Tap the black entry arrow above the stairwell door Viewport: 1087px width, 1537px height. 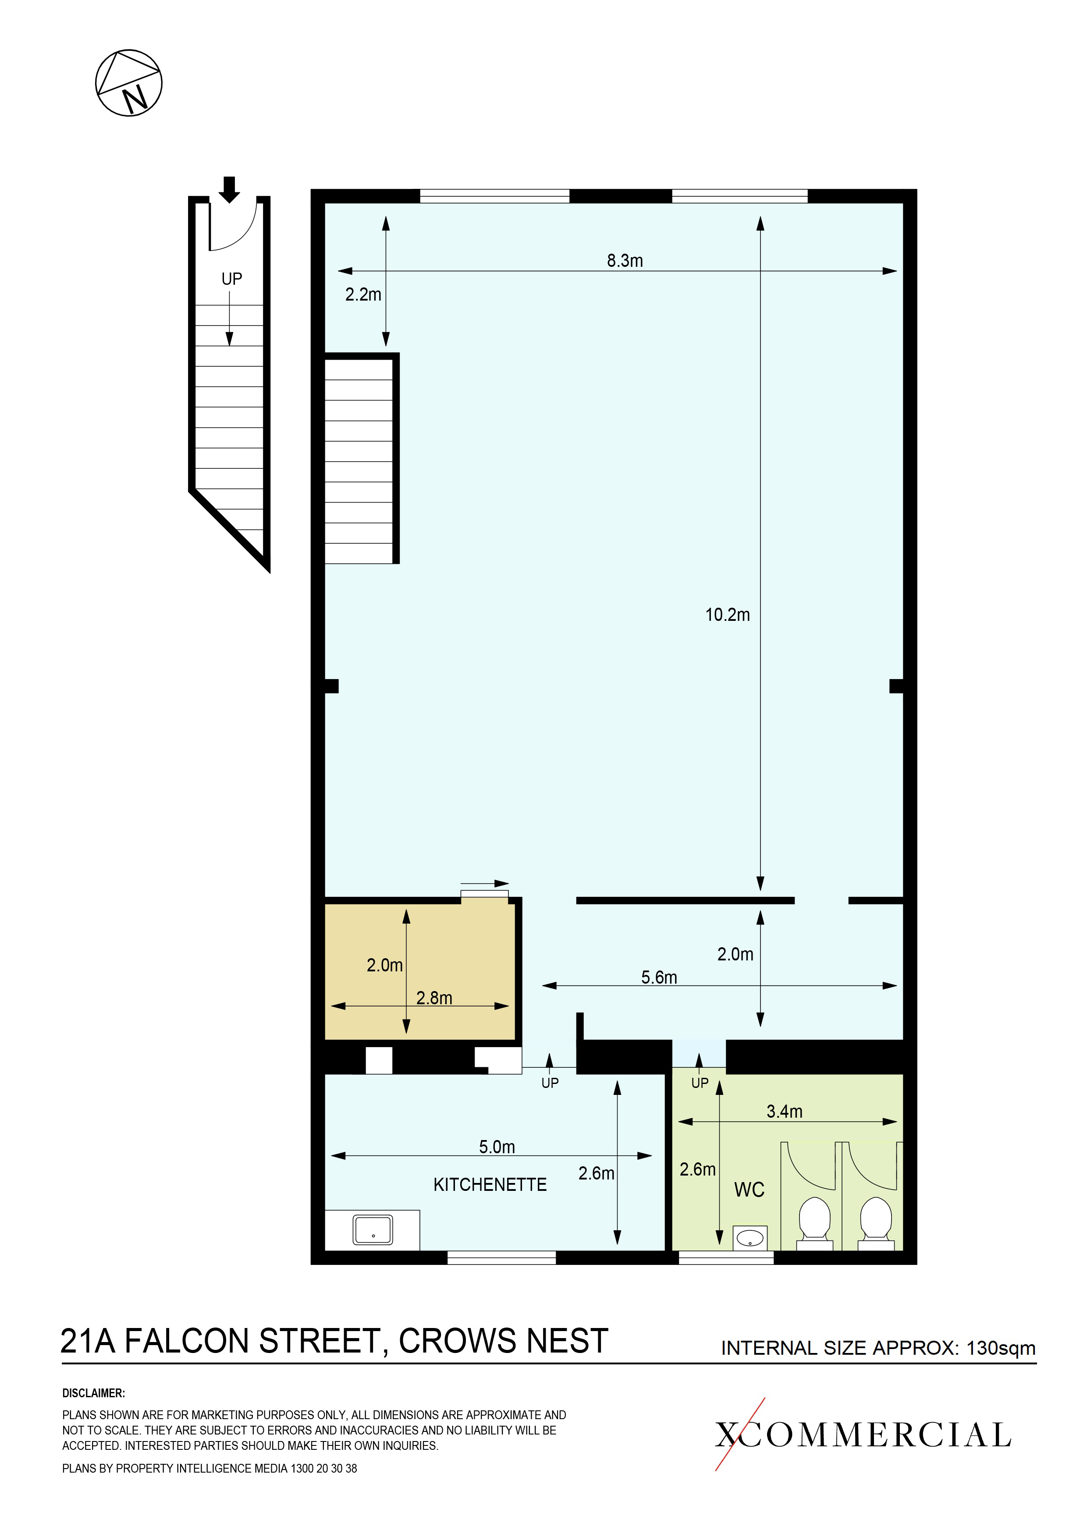[x=229, y=189]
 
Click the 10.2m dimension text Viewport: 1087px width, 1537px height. [x=727, y=615]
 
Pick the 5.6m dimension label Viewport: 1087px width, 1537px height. [x=659, y=977]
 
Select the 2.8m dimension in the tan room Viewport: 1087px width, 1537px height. [x=434, y=998]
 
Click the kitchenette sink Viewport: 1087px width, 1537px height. [x=373, y=1230]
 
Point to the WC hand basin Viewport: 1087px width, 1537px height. [x=750, y=1239]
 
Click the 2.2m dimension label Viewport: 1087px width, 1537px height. [x=363, y=294]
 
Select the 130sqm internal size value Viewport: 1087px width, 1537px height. [x=1001, y=1348]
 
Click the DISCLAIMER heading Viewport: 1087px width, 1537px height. [x=94, y=1393]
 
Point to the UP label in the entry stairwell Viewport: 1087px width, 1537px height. [x=232, y=279]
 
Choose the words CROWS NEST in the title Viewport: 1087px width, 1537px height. [x=503, y=1341]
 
